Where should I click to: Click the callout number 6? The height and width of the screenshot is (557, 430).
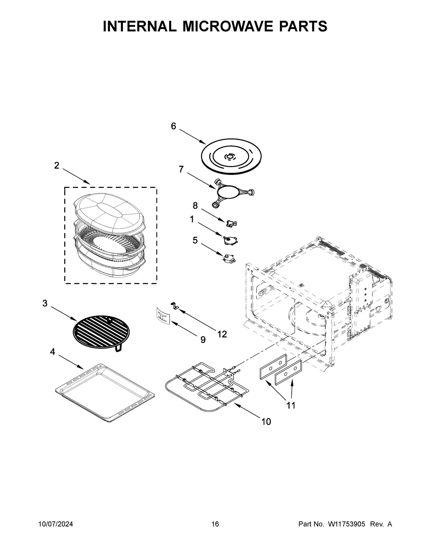point(173,126)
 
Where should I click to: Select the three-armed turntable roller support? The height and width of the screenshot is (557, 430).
point(233,193)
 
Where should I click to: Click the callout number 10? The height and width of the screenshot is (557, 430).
point(266,422)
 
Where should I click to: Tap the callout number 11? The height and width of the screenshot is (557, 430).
point(291,406)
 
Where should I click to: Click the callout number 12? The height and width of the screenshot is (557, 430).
point(222,334)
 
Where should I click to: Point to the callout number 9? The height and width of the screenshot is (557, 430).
point(203,340)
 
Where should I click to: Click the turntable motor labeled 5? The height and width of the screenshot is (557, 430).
point(228,258)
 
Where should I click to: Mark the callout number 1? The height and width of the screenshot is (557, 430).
point(192,219)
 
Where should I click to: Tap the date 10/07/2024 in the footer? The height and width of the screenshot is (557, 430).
point(56,524)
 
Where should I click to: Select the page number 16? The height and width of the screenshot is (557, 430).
point(215,524)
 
